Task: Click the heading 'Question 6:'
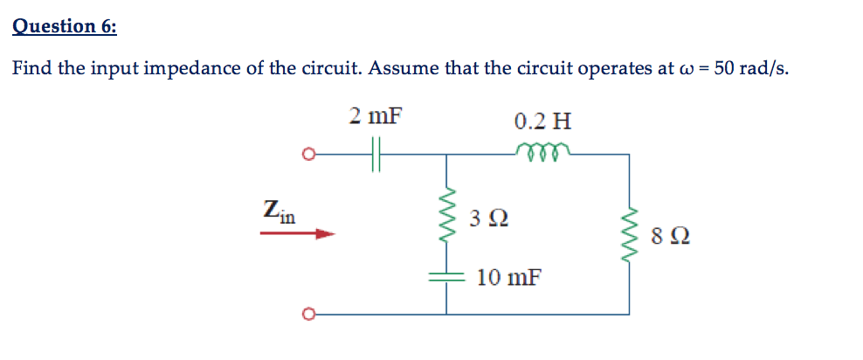(x=64, y=25)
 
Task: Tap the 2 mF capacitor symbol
(x=377, y=156)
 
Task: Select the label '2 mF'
(x=376, y=116)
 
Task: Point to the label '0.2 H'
(x=543, y=121)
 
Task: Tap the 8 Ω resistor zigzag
(x=628, y=235)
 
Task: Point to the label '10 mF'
(x=508, y=279)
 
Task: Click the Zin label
(x=280, y=210)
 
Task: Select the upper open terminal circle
(x=306, y=156)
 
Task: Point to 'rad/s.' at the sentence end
(x=764, y=70)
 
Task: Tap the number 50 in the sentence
(x=724, y=70)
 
